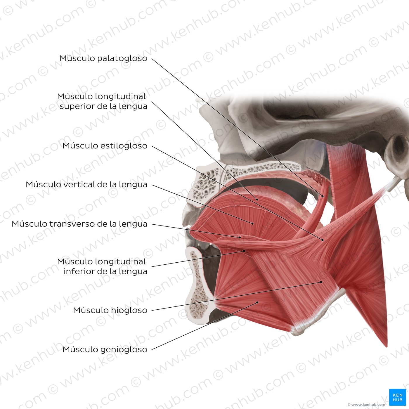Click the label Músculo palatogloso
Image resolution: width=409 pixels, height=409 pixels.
103,58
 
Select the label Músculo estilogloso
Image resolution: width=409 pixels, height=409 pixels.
105,145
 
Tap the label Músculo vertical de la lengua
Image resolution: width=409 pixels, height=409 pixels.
86,184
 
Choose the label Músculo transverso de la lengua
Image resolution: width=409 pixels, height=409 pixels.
79,224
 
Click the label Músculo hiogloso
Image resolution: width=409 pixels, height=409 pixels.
110,310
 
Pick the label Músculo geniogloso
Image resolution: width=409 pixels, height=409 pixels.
105,349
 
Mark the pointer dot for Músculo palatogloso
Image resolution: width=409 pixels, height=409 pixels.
323,196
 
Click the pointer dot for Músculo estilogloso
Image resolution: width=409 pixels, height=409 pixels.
323,240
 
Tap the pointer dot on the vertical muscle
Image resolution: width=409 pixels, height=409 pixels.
253,223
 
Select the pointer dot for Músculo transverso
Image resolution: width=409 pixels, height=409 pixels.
240,237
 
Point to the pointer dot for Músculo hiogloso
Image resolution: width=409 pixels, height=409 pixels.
321,282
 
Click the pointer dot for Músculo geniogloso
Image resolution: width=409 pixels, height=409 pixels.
257,302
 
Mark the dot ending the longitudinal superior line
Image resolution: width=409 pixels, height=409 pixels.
257,199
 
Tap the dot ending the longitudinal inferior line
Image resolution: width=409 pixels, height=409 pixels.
244,251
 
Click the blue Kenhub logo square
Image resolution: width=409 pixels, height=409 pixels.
397,397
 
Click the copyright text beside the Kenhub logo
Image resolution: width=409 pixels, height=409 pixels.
366,405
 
